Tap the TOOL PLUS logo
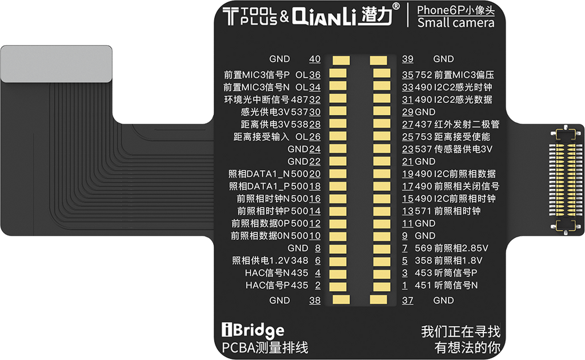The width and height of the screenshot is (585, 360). pyautogui.click(x=250, y=16)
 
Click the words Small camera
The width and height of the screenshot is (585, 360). pyautogui.click(x=455, y=23)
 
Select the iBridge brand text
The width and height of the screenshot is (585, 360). pyautogui.click(x=253, y=330)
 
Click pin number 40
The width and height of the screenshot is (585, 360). pyautogui.click(x=315, y=59)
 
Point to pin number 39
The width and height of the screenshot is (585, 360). pyautogui.click(x=407, y=59)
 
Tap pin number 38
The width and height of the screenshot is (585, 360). pyautogui.click(x=315, y=301)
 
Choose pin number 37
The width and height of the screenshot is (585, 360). pyautogui.click(x=407, y=301)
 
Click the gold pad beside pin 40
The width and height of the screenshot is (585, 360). pyautogui.click(x=341, y=61)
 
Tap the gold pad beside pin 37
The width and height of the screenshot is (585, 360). pyautogui.click(x=378, y=299)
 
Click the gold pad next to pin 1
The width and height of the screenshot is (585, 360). pyautogui.click(x=382, y=286)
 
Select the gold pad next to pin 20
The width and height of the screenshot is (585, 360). pyautogui.click(x=338, y=174)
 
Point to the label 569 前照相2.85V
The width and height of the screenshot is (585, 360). pyautogui.click(x=451, y=248)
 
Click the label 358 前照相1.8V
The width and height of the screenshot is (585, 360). pyautogui.click(x=448, y=261)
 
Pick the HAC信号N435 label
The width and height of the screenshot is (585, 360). pyautogui.click(x=277, y=273)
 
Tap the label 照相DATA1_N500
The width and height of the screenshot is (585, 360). pyautogui.click(x=269, y=174)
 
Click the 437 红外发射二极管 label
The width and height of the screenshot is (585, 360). pyautogui.click(x=456, y=124)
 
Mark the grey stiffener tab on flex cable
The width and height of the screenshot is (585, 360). pyautogui.click(x=57, y=64)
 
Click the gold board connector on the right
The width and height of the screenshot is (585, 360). pyautogui.click(x=566, y=181)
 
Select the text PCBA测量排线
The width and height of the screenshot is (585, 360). pyautogui.click(x=265, y=347)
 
